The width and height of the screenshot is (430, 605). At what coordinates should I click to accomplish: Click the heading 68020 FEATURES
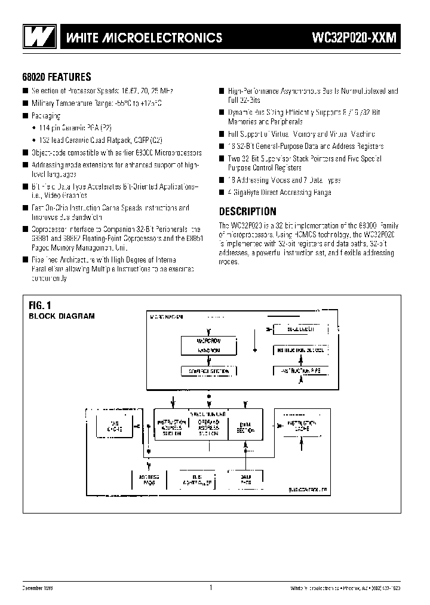point(56,77)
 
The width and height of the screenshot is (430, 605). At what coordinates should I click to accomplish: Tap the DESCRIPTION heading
point(247,211)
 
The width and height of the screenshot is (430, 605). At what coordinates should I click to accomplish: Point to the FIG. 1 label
point(41,305)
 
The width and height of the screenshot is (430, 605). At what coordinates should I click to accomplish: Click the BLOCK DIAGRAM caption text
point(62,316)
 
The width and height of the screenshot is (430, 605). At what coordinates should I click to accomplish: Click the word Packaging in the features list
point(47,115)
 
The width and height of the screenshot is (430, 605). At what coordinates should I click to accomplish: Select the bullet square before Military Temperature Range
point(26,103)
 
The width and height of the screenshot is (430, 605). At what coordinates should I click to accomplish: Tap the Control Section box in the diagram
point(209,371)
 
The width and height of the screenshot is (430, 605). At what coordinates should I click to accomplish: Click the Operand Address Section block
point(209,427)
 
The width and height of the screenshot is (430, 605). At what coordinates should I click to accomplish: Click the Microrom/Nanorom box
point(209,344)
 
